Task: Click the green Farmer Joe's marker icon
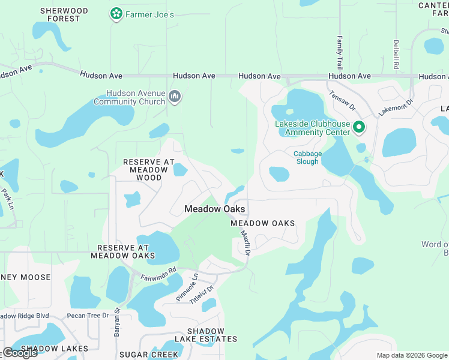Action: (x=116, y=13)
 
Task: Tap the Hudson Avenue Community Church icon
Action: (x=175, y=97)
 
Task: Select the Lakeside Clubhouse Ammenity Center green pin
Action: (x=359, y=127)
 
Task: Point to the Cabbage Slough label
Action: (x=307, y=158)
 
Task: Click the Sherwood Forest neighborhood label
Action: (x=64, y=14)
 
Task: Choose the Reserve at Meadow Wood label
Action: (x=149, y=170)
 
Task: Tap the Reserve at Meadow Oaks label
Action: (x=122, y=251)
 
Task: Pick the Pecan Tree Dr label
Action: (x=88, y=315)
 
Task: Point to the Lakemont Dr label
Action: (x=396, y=107)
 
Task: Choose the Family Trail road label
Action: (x=339, y=52)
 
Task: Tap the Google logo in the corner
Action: (x=20, y=353)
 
